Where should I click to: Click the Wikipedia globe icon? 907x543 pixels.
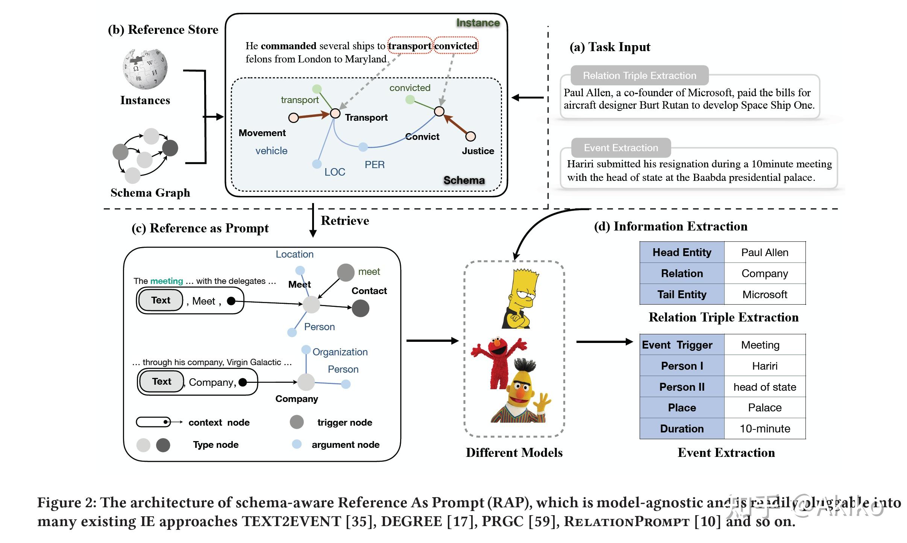(x=145, y=69)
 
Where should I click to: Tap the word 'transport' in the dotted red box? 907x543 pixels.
(x=410, y=46)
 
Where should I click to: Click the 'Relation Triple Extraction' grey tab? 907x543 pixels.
(x=639, y=76)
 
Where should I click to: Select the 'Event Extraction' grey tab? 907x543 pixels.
(x=621, y=148)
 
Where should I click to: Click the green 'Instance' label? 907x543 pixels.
(x=478, y=23)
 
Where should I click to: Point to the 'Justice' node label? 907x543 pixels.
(x=478, y=151)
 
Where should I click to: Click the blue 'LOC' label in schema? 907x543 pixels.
(x=335, y=172)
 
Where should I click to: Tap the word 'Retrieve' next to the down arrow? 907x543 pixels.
(x=345, y=220)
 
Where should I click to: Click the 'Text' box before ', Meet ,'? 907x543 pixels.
(x=161, y=300)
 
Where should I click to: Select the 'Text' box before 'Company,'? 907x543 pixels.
(x=161, y=381)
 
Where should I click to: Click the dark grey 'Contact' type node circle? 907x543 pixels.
(x=360, y=308)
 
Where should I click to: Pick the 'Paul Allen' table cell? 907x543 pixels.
(x=764, y=252)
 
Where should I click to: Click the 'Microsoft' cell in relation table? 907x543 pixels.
(x=764, y=294)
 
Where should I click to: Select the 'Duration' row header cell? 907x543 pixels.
(x=682, y=429)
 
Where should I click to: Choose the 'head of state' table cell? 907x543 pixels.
(x=764, y=387)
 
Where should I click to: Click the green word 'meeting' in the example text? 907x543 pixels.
(x=166, y=281)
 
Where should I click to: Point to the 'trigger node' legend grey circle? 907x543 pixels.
(x=297, y=422)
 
